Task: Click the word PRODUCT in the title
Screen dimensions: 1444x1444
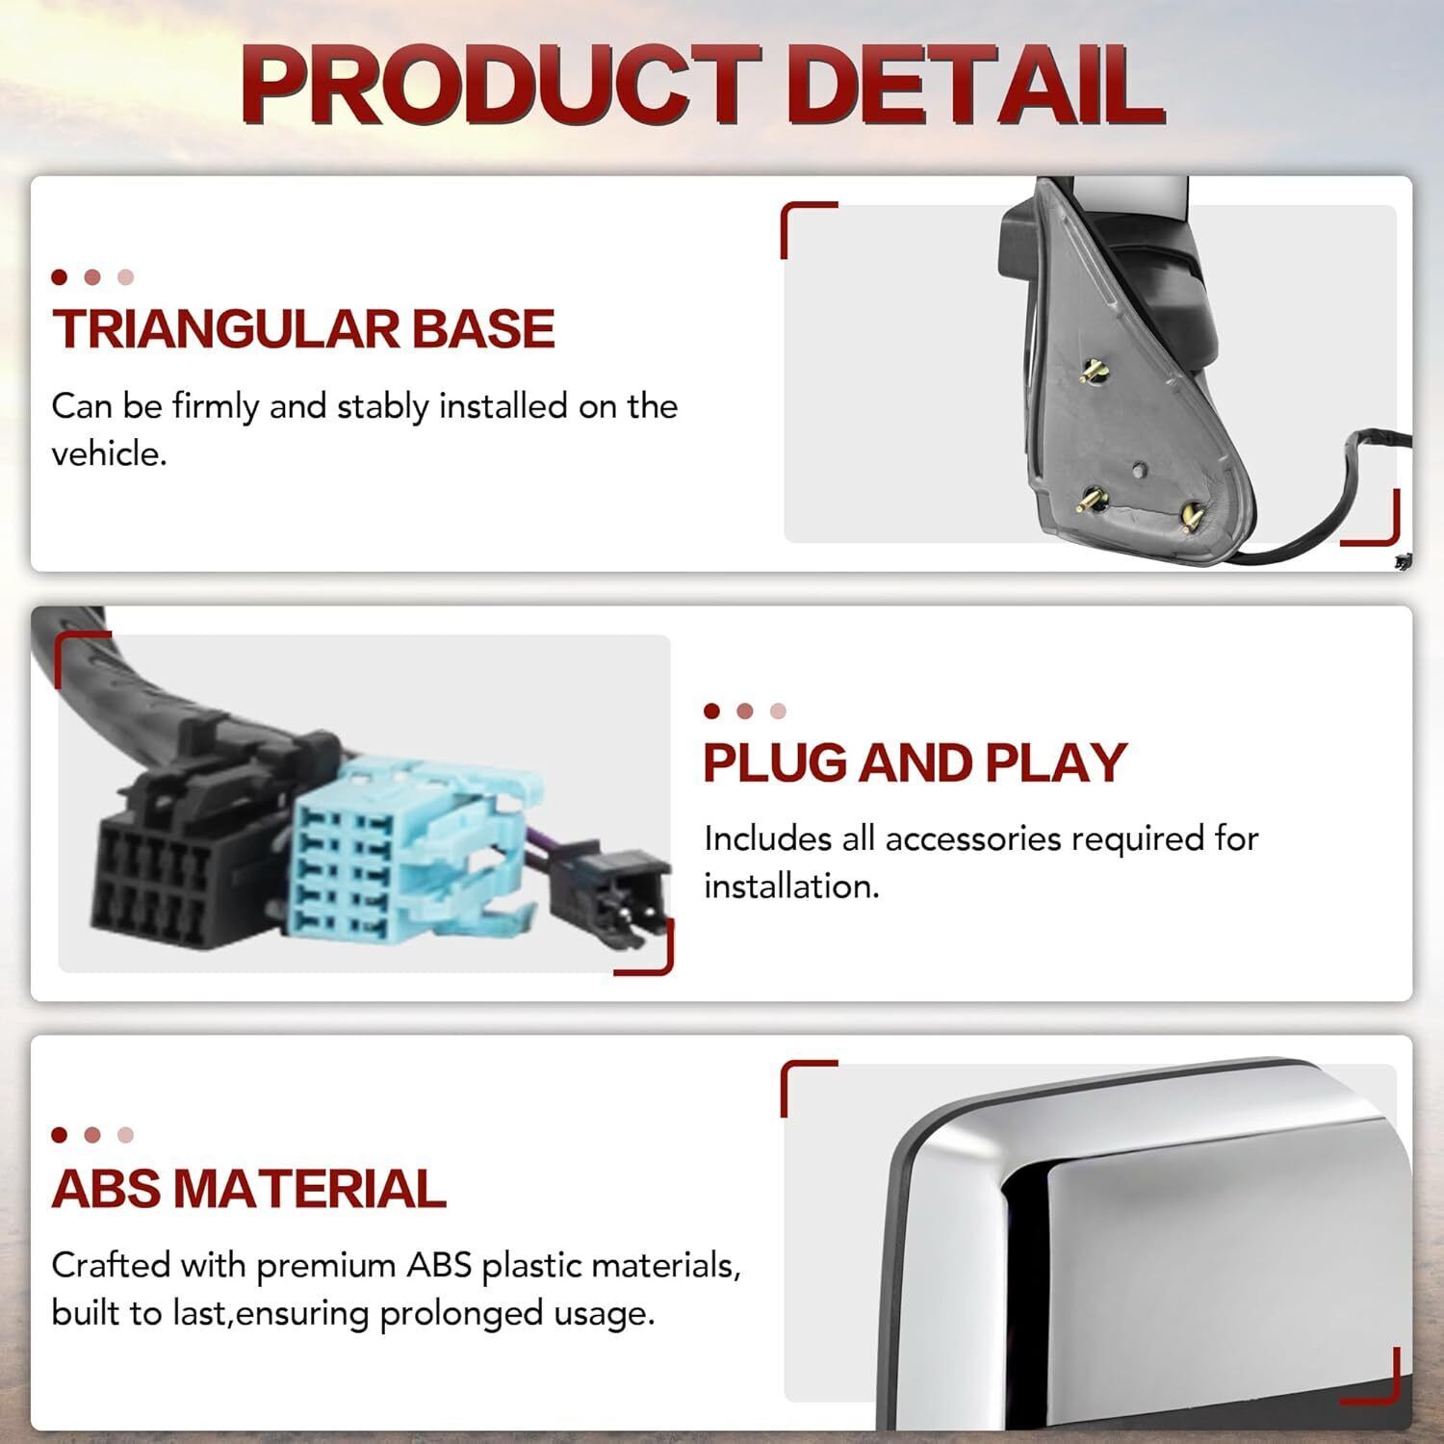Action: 500,88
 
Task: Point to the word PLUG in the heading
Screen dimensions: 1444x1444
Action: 776,762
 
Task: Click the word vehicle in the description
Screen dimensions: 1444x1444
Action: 108,453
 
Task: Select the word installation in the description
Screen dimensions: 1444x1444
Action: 791,886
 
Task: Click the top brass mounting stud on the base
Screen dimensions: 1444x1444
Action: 1093,370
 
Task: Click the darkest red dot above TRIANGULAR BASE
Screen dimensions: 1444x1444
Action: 60,277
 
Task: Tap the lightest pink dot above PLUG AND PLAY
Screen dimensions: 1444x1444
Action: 778,710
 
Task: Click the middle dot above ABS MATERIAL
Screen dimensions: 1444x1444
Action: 92,1135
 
